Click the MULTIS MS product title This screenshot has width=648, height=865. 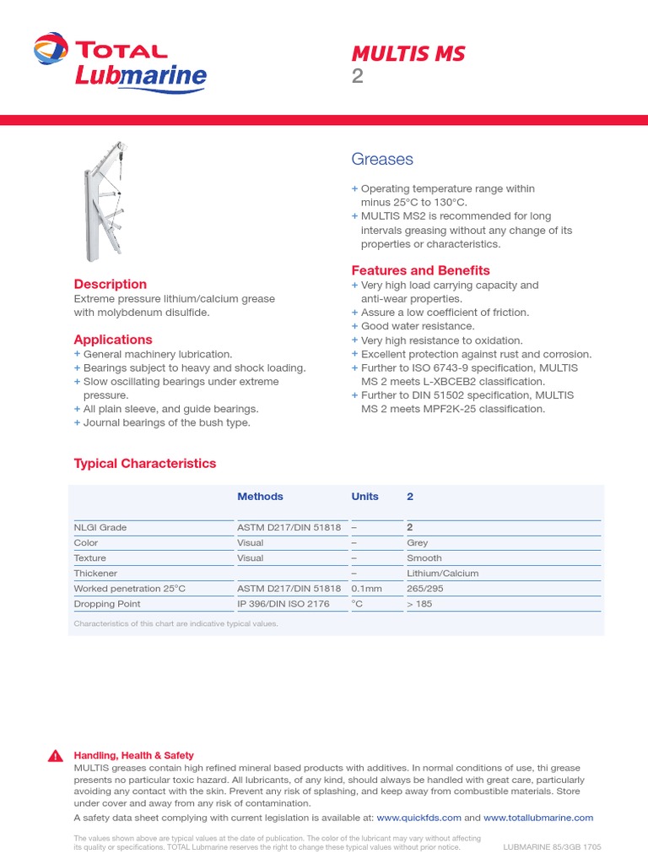click(x=408, y=54)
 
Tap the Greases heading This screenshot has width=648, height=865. click(x=381, y=160)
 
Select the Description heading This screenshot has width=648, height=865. click(x=110, y=285)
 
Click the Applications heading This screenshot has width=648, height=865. click(x=113, y=340)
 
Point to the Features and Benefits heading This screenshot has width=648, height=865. click(x=420, y=270)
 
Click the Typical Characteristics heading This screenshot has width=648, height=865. click(x=144, y=463)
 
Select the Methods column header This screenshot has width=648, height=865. click(x=260, y=497)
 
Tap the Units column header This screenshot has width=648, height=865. click(x=364, y=497)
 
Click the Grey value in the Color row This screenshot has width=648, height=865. click(x=418, y=543)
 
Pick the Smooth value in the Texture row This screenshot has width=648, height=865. click(x=424, y=558)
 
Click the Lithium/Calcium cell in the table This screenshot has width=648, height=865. click(x=442, y=574)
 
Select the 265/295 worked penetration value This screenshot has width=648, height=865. click(x=424, y=589)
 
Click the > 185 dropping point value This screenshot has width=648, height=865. click(x=419, y=604)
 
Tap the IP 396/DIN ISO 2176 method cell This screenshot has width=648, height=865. click(x=283, y=604)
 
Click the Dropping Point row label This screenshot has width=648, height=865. click(x=107, y=604)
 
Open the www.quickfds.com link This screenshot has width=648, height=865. click(x=418, y=818)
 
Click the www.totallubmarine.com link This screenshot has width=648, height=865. click(x=538, y=818)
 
